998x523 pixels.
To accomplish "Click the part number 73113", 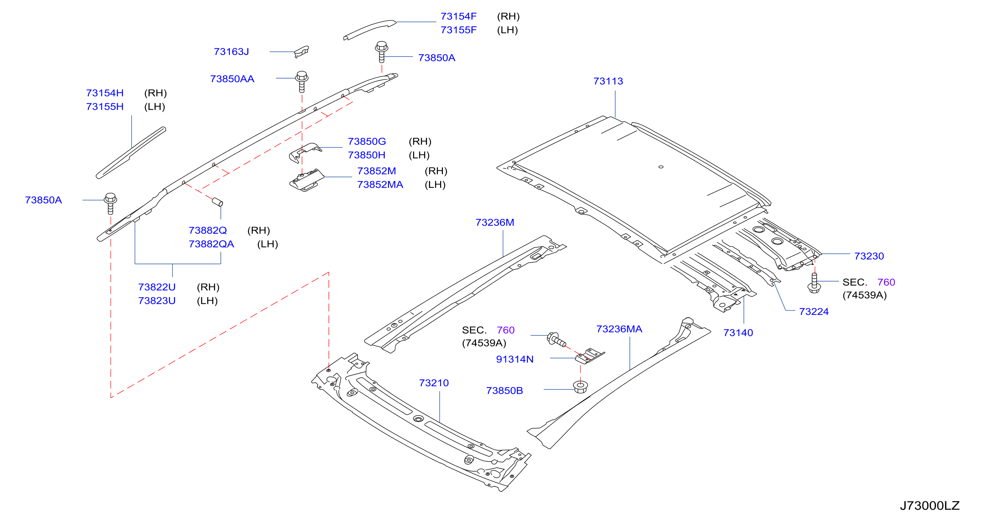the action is [x=608, y=81].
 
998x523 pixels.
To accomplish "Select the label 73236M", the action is [x=495, y=223].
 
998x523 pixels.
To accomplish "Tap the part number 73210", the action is [x=433, y=383].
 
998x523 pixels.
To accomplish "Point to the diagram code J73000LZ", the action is [x=930, y=506].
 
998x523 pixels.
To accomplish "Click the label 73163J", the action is [x=231, y=51].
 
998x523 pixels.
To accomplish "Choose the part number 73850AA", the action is [x=232, y=79].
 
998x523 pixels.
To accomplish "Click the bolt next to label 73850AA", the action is [x=302, y=81].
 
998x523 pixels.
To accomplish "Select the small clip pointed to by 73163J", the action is [x=302, y=51].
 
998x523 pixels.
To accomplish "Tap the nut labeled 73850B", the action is [x=580, y=387].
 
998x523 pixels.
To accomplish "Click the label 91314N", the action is [x=515, y=359].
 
